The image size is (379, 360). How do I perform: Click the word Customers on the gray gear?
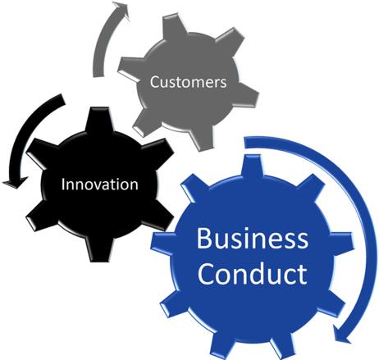(189, 82)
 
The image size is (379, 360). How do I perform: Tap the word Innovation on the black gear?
(100, 185)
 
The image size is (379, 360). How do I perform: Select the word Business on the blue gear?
(253, 238)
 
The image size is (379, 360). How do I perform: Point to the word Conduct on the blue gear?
(253, 273)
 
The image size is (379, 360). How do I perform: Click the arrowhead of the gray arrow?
(121, 10)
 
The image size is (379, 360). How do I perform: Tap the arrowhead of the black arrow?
(15, 183)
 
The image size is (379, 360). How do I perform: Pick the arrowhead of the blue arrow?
(342, 335)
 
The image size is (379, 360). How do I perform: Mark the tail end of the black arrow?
(62, 99)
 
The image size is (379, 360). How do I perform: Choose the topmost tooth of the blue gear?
(253, 166)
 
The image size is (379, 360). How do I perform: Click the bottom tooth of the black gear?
(99, 249)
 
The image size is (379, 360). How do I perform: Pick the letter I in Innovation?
(63, 185)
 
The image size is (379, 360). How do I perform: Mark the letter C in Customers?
(154, 82)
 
